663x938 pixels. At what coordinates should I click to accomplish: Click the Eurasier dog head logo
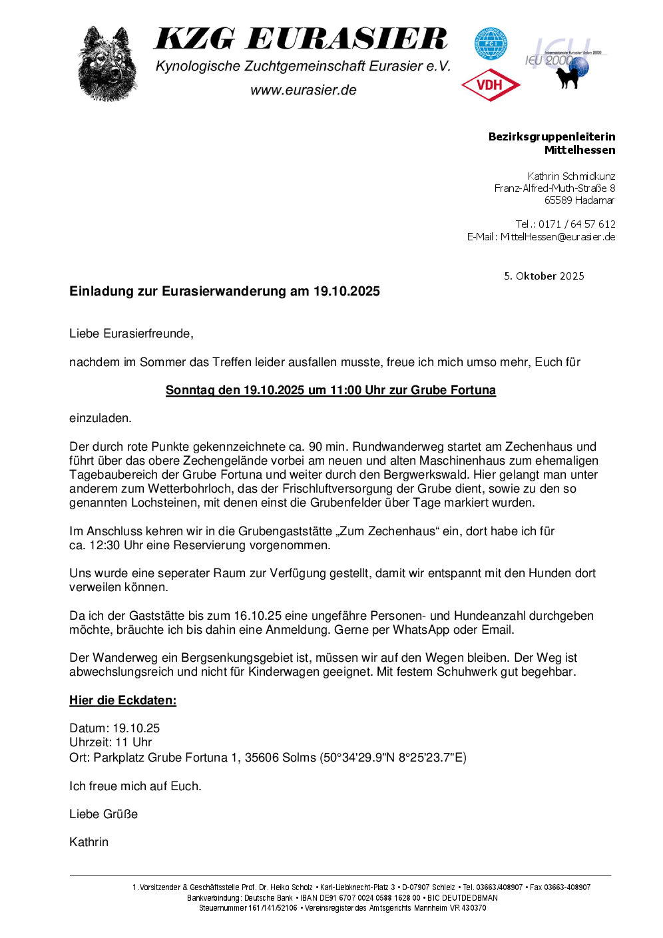pos(107,64)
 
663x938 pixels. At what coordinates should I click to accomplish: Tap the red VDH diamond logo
pos(491,85)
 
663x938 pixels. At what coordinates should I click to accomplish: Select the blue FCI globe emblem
pos(491,43)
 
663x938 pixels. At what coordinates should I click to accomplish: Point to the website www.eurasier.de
pos(304,91)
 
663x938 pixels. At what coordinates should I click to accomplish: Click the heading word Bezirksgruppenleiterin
pos(551,136)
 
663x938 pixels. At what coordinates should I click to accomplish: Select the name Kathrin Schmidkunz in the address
pos(571,176)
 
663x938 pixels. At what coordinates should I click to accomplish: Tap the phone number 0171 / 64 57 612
pos(576,224)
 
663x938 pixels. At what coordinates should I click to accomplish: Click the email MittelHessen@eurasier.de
pos(557,237)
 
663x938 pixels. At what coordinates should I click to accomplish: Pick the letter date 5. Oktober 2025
pos(544,276)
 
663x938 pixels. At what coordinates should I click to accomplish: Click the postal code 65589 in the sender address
pos(558,200)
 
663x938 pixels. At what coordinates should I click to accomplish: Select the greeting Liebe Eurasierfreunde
pos(130,334)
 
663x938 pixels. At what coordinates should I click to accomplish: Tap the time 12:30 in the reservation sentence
pos(105,545)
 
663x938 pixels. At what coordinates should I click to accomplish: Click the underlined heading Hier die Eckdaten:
pos(122,700)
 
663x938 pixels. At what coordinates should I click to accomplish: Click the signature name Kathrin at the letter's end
pos(89,842)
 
